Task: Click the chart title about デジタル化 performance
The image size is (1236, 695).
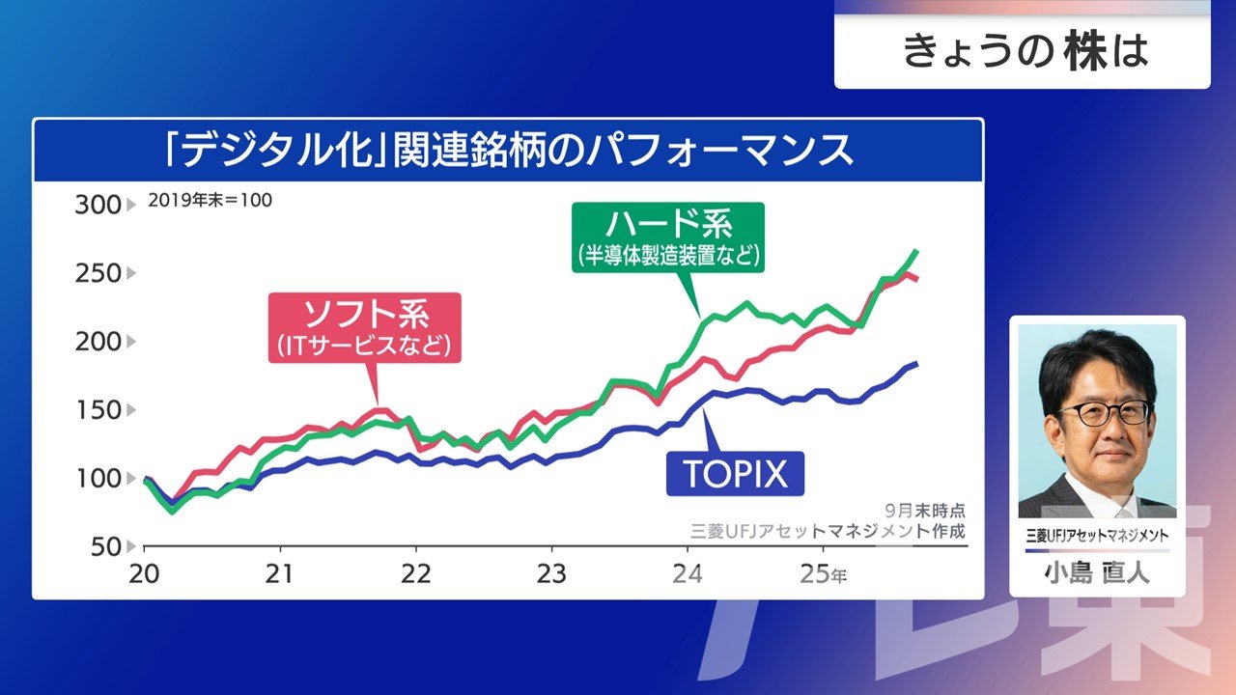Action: point(508,151)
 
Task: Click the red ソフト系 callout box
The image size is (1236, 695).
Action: point(366,327)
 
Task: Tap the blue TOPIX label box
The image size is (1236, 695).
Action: point(736,473)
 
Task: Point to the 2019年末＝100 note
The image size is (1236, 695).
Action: point(210,201)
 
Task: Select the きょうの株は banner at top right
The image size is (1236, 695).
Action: point(1022,51)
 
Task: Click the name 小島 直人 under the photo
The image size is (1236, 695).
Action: point(1097,573)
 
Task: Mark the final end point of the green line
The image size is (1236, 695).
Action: point(915,251)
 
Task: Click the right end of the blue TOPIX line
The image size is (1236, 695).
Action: point(915,363)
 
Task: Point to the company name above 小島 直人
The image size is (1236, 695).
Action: point(1097,536)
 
